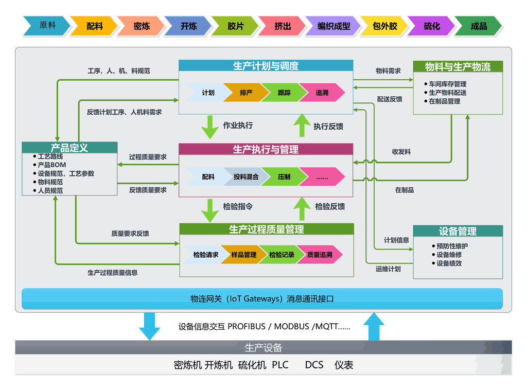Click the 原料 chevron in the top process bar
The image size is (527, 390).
click(x=47, y=26)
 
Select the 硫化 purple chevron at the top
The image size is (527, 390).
click(x=432, y=26)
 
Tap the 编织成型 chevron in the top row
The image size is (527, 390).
click(x=333, y=26)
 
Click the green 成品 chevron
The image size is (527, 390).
click(x=479, y=26)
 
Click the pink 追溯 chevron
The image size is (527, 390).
click(x=322, y=93)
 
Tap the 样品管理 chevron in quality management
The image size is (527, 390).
click(x=243, y=255)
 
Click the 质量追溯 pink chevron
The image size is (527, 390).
click(x=319, y=255)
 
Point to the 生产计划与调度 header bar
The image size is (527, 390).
click(x=266, y=66)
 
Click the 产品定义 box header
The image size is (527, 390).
click(x=69, y=148)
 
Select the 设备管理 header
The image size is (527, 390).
click(x=458, y=231)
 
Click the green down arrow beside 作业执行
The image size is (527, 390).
click(x=210, y=127)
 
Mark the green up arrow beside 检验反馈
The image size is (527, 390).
click(x=302, y=208)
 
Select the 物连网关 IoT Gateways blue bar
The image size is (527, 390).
click(x=262, y=298)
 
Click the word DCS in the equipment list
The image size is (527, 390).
click(x=314, y=365)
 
